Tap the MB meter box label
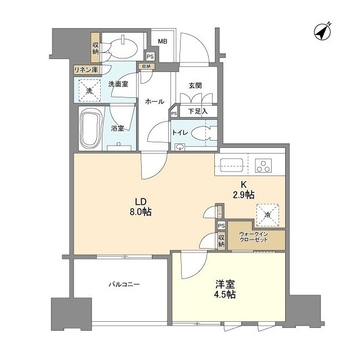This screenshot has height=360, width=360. click(162, 41)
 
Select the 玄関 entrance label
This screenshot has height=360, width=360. click(195, 85)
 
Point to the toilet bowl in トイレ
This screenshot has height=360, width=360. click(199, 133)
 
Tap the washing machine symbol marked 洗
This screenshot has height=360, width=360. click(89, 90)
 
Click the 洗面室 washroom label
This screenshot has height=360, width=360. click(119, 84)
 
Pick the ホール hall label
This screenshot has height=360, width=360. click(155, 102)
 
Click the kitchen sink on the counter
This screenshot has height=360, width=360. click(232, 165)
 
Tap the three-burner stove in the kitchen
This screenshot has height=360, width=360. click(264, 165)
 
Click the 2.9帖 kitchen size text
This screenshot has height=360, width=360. click(244, 194)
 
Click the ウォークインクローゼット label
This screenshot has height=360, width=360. click(253, 237)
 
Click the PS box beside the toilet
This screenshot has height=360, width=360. click(174, 114)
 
